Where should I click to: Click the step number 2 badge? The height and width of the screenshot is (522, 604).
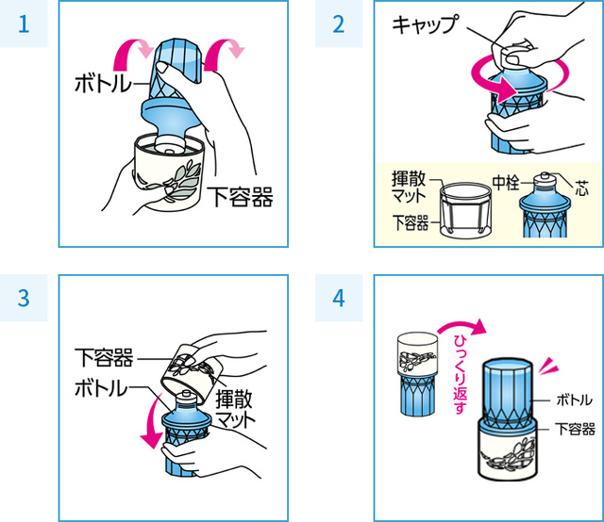[338, 24]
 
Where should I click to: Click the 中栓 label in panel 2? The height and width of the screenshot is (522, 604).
[506, 182]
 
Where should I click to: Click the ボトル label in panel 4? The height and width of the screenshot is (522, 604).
[574, 400]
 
